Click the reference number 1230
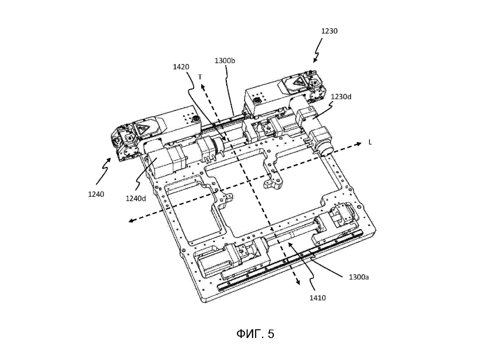pos(329,31)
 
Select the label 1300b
pos(225,61)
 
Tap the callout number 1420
pos(181,67)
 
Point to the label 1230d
pos(341,97)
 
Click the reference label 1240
pos(96,194)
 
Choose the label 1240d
pos(136,198)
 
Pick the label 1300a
pos(359,277)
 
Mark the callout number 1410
pos(318,298)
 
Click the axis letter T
pos(200,77)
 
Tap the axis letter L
pos(370,142)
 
